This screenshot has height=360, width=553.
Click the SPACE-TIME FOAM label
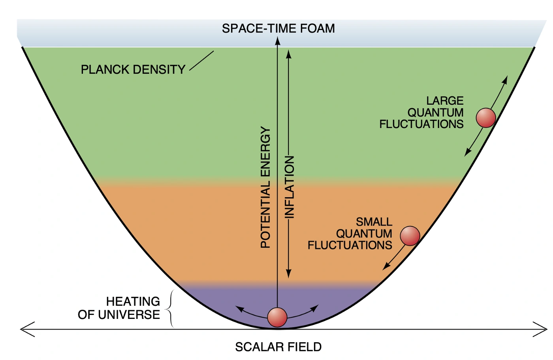click(278, 28)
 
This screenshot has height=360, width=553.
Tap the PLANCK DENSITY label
click(133, 70)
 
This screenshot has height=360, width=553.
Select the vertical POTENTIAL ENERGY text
click(265, 187)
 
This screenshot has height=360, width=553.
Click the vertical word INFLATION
click(290, 187)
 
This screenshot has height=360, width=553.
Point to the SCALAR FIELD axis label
click(278, 347)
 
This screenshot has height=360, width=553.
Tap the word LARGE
click(445, 101)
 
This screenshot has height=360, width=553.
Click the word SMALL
click(374, 222)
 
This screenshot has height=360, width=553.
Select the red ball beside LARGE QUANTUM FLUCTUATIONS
click(485, 117)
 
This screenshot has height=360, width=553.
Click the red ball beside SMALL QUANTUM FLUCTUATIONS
click(410, 236)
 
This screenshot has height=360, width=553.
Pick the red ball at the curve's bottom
click(277, 317)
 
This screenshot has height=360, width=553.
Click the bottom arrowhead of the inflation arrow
click(289, 273)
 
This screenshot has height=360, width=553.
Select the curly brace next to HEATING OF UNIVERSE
click(171, 309)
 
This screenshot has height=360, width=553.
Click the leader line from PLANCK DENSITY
click(201, 61)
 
